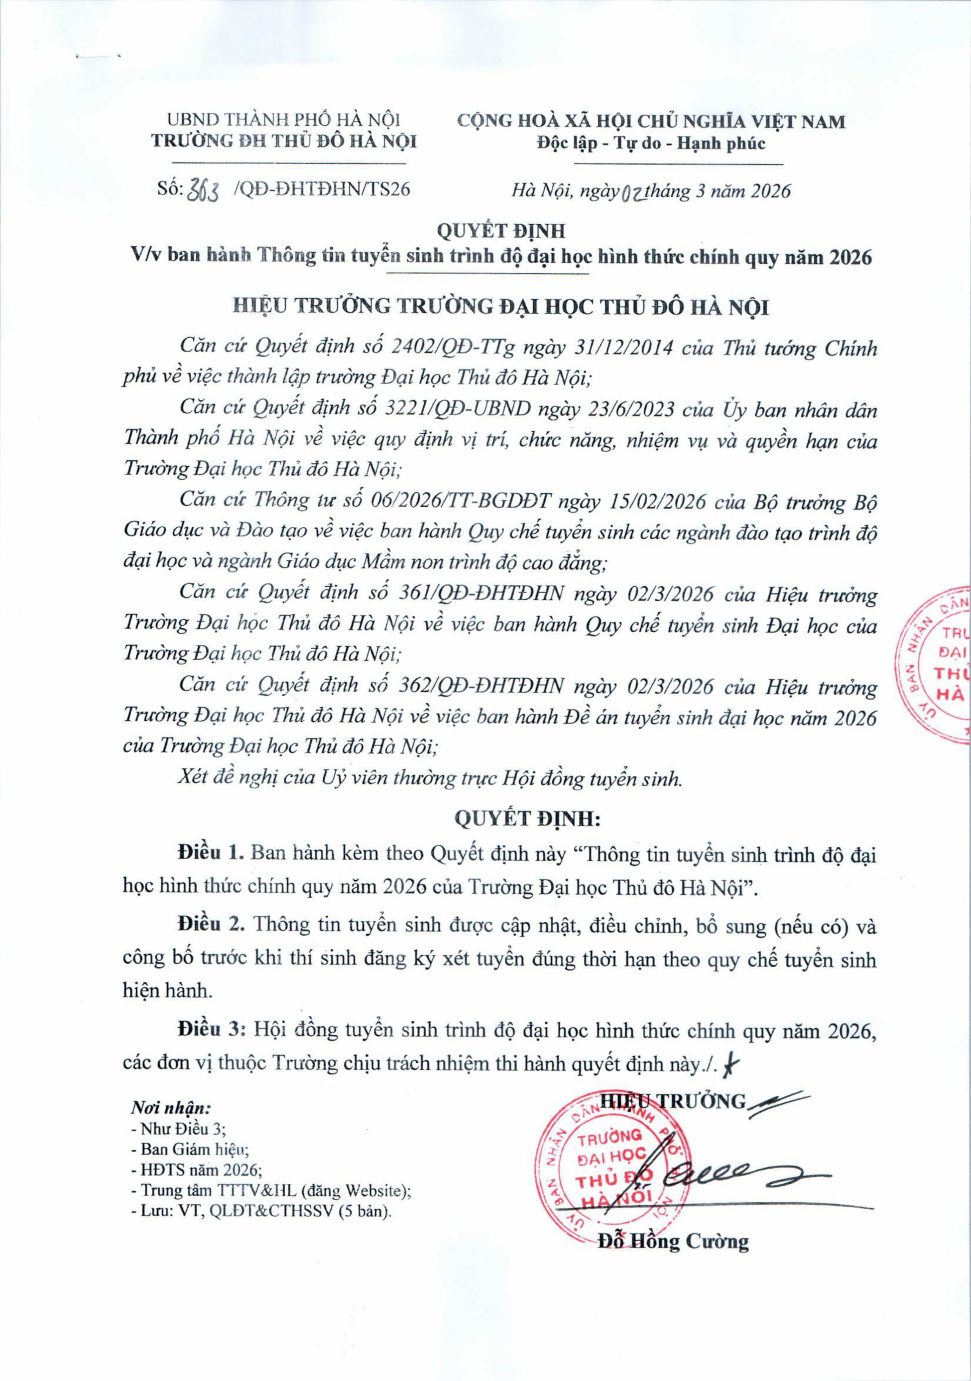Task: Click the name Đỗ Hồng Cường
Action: pyautogui.click(x=672, y=1241)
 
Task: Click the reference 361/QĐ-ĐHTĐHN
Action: pyautogui.click(x=481, y=594)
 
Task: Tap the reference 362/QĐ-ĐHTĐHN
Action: pyautogui.click(x=481, y=686)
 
